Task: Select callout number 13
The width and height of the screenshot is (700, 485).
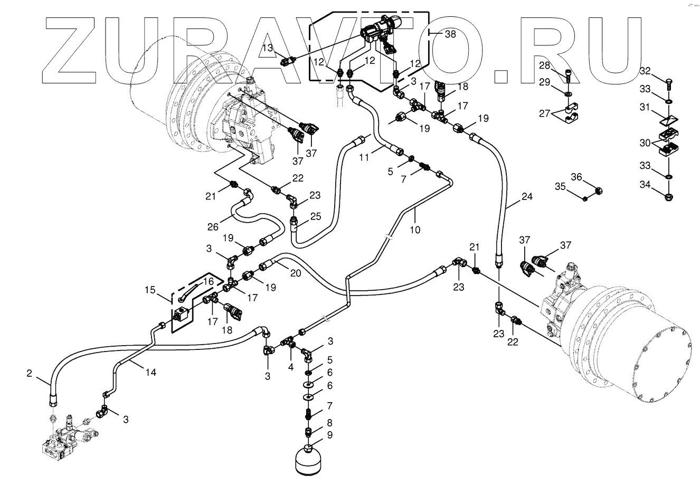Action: tap(268, 48)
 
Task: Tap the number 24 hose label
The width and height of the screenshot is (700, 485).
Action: tap(526, 197)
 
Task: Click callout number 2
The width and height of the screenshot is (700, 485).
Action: tap(29, 374)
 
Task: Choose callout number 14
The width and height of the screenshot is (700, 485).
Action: tap(151, 372)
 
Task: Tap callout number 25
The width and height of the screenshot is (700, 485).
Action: tap(315, 216)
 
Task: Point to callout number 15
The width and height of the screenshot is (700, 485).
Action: tap(151, 290)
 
